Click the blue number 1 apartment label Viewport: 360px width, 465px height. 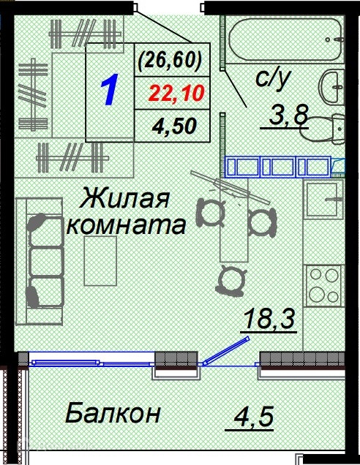tap(109, 90)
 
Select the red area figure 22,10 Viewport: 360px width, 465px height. tap(177, 93)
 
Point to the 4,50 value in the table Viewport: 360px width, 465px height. tap(174, 126)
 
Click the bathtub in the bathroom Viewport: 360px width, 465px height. tap(287, 40)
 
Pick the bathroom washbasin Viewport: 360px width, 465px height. tap(331, 86)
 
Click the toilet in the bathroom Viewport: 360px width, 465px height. tap(323, 129)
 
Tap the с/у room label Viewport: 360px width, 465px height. tap(272, 80)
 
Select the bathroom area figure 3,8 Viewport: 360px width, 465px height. tap(288, 115)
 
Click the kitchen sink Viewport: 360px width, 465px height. tap(323, 199)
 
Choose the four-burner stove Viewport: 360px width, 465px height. tap(325, 286)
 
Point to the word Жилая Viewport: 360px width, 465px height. tap(124, 197)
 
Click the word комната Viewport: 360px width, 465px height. tap(127, 225)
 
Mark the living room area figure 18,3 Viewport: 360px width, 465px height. tap(269, 319)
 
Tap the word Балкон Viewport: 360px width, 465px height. tap(113, 412)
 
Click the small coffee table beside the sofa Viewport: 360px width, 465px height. tap(100, 261)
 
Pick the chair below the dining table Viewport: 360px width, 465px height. tap(231, 281)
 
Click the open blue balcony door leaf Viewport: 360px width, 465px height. tap(226, 350)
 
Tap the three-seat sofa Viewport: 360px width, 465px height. tap(40, 261)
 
